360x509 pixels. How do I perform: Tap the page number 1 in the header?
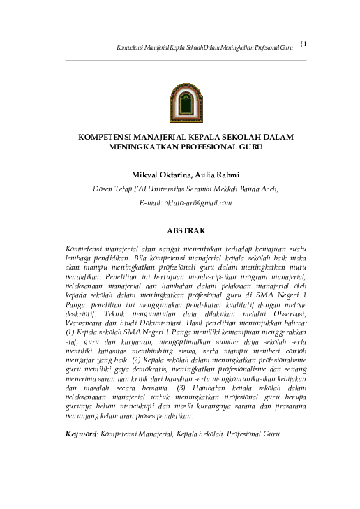pyautogui.click(x=305, y=44)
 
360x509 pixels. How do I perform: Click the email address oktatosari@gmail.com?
pyautogui.click(x=198, y=202)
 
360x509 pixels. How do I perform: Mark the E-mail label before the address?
pyautogui.click(x=150, y=202)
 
